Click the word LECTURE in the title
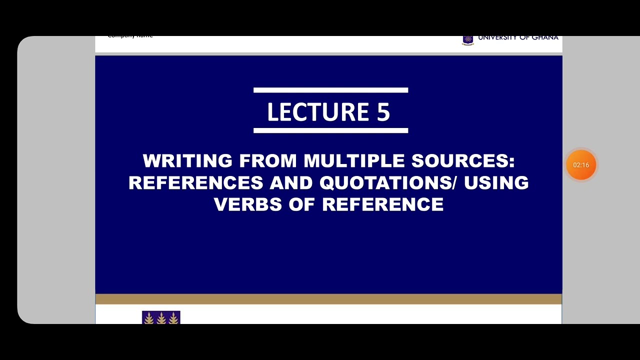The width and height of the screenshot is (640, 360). (318, 112)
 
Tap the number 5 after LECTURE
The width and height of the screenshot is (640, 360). (383, 112)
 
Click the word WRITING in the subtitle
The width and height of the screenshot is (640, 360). (187, 161)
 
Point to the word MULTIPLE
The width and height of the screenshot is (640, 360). (354, 161)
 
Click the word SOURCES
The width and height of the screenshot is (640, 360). (459, 161)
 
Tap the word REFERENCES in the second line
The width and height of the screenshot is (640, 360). (195, 183)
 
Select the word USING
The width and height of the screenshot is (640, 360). (496, 183)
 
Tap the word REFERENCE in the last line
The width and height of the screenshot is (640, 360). (382, 204)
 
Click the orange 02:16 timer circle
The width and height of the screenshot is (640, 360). (581, 165)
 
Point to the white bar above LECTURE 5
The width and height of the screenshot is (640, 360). (330, 90)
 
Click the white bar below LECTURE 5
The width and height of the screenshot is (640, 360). (330, 130)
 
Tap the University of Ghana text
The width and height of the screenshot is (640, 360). (518, 38)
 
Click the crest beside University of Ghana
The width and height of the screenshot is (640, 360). (467, 39)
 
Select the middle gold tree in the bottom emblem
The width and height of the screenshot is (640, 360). (161, 318)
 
